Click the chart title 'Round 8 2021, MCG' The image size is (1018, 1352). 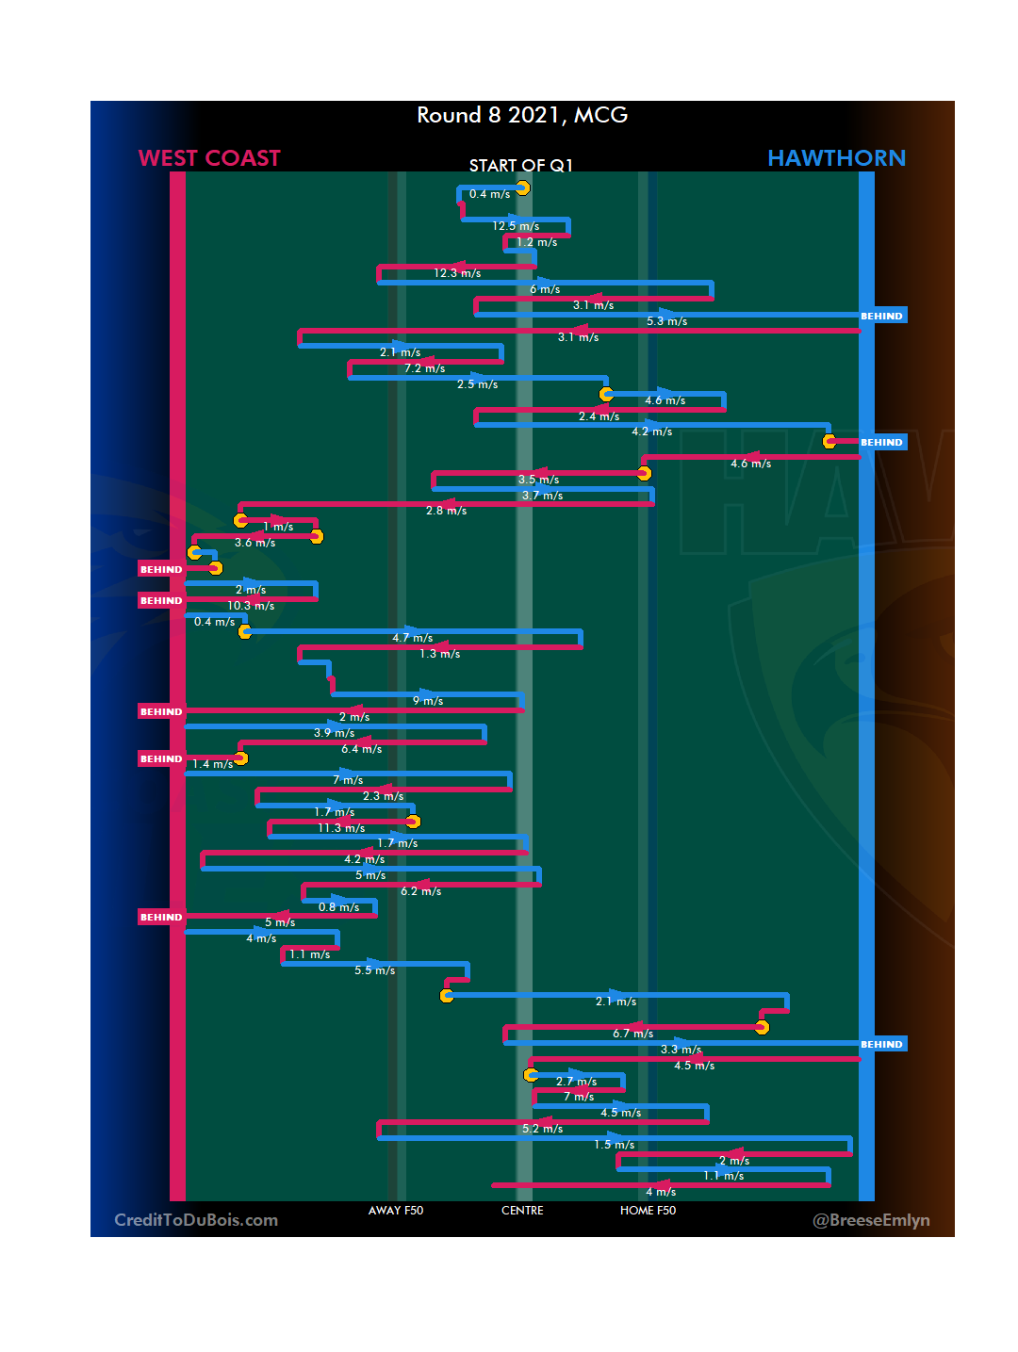[522, 115]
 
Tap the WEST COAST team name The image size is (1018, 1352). [209, 158]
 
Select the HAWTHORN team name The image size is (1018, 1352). [836, 158]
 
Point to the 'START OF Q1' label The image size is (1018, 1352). [521, 166]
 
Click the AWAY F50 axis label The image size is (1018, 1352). [396, 1211]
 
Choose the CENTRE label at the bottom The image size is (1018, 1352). [522, 1211]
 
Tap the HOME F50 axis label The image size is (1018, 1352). [648, 1211]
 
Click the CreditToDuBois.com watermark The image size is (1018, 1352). [196, 1220]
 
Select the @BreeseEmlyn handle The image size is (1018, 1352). [871, 1220]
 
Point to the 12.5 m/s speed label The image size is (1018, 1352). [516, 226]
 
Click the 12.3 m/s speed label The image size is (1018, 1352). [457, 273]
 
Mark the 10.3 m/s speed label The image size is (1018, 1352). [251, 606]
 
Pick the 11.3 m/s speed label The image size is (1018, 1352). [341, 828]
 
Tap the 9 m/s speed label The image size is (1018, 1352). [428, 701]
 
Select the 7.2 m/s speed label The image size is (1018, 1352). [424, 368]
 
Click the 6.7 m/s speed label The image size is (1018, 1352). [632, 1034]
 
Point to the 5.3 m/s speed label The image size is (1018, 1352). [666, 321]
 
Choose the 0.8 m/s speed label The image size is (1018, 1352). [338, 907]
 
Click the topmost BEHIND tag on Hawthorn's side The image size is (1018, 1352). [882, 317]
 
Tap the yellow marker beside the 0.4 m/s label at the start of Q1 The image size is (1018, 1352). [522, 188]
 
